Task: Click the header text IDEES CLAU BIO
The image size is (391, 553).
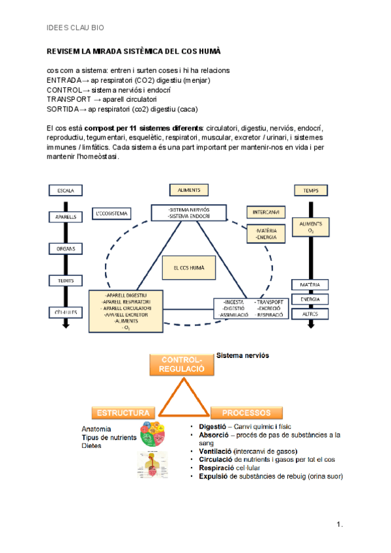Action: [75, 28]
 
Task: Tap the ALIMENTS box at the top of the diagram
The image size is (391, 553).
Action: [189, 190]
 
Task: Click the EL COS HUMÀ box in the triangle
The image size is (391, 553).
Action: [188, 268]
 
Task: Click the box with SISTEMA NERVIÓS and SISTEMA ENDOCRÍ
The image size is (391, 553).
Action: [189, 213]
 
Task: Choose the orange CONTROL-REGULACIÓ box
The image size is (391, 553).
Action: [182, 365]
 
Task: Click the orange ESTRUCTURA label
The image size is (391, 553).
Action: [123, 413]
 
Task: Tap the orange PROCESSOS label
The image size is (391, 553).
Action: [246, 413]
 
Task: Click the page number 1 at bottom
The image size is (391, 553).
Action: [339, 524]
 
